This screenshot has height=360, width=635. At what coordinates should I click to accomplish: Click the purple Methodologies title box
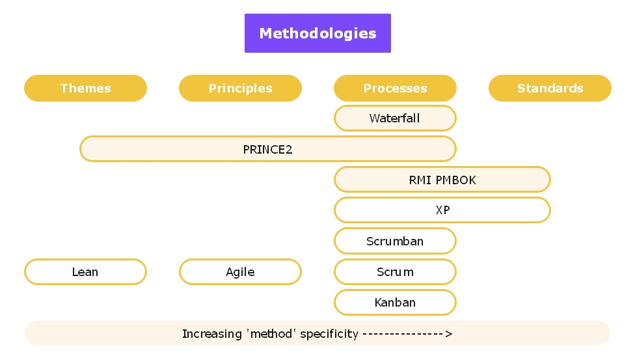[x=317, y=33]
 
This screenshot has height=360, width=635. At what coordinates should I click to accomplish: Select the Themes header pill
[x=85, y=89]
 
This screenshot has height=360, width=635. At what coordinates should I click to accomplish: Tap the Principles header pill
[x=240, y=89]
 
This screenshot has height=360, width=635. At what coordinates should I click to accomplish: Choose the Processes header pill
[x=395, y=89]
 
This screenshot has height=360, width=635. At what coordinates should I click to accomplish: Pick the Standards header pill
[x=550, y=89]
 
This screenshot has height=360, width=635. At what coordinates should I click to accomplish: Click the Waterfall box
[x=395, y=118]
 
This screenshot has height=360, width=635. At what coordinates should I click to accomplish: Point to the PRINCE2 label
[x=267, y=149]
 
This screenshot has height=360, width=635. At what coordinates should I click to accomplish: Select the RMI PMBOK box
[x=442, y=180]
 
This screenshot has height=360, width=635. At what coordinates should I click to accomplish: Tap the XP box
[x=442, y=210]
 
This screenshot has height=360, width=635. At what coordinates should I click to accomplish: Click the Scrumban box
[x=395, y=241]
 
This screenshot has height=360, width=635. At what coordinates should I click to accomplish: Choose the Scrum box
[x=395, y=272]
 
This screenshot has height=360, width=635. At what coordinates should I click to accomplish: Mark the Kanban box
[x=395, y=303]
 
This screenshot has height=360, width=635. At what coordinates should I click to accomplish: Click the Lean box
[x=85, y=272]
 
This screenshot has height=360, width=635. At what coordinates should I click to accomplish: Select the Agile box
[x=240, y=272]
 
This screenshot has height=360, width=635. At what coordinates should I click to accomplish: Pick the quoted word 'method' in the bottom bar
[x=269, y=334]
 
